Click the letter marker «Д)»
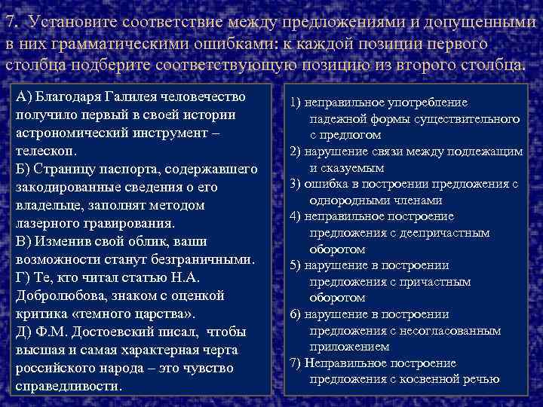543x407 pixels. tap(24, 332)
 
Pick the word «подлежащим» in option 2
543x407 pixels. tap(487, 151)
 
